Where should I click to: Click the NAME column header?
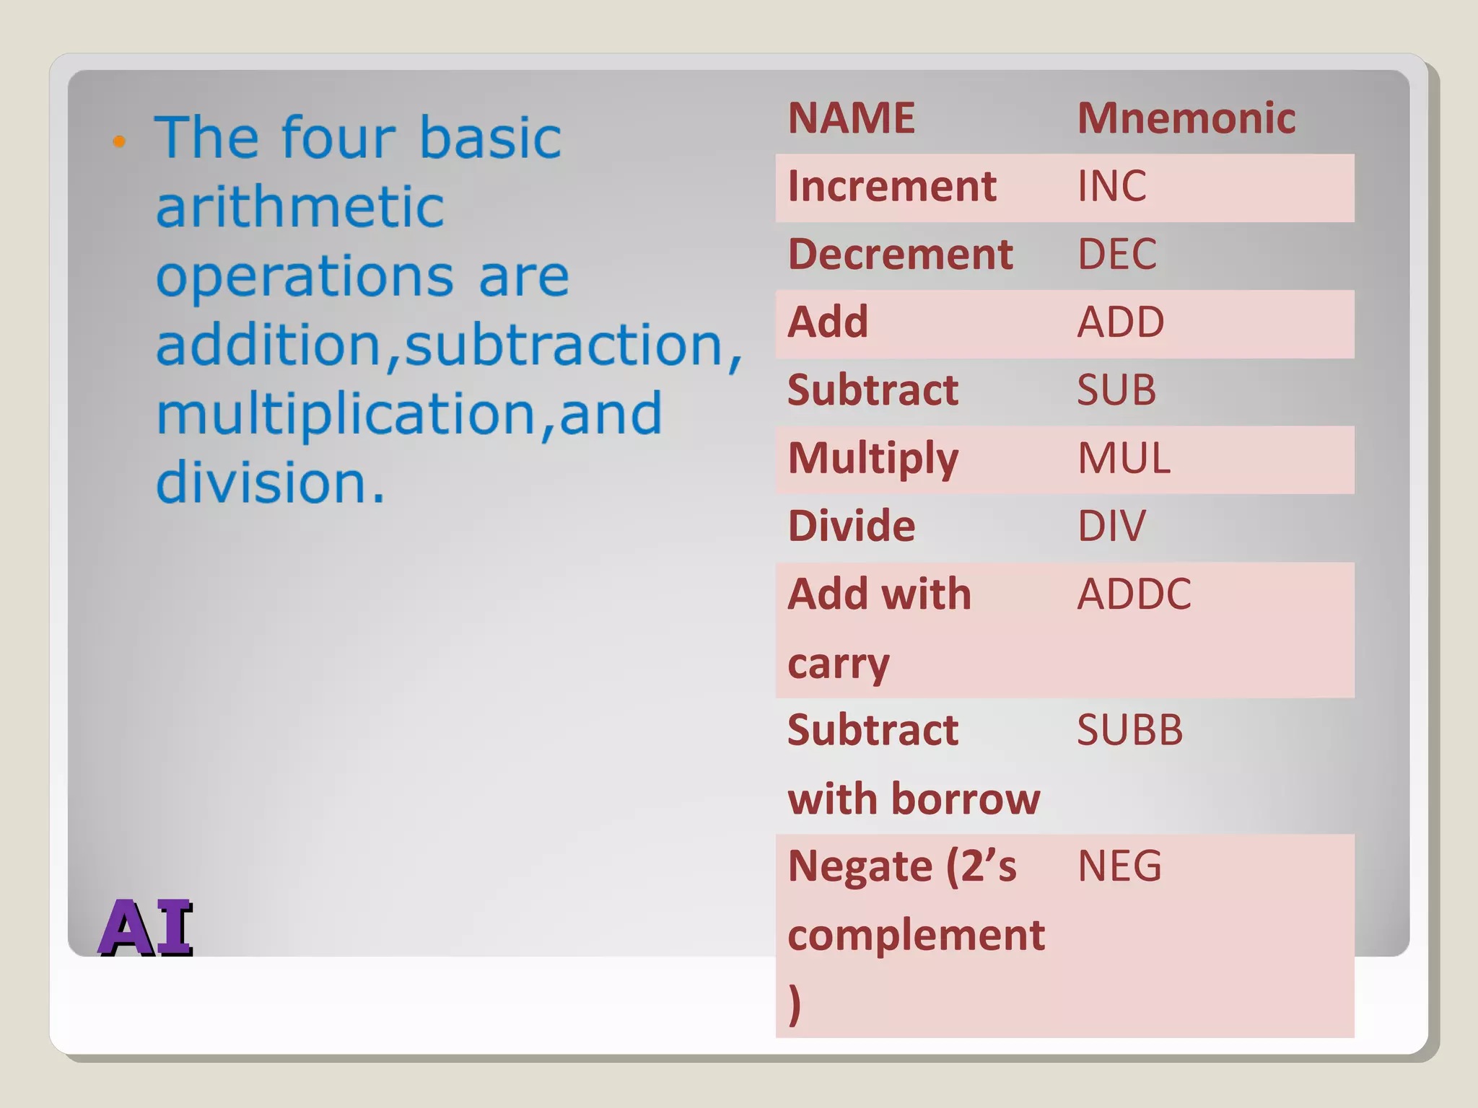[x=851, y=118]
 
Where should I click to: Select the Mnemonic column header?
[x=1186, y=118]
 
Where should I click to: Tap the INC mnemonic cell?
[x=1111, y=186]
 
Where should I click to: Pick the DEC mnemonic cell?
[x=1116, y=254]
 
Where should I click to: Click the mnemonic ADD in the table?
[x=1120, y=322]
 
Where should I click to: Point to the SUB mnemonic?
[x=1116, y=390]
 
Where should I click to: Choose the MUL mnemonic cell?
[x=1123, y=458]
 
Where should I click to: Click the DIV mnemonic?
[x=1111, y=526]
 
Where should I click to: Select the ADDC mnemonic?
[x=1134, y=594]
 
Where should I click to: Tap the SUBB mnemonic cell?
[x=1129, y=730]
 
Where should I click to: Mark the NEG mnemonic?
[x=1119, y=866]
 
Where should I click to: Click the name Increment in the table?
[x=892, y=186]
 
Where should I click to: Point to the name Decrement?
[x=900, y=254]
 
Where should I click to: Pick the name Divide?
[x=851, y=526]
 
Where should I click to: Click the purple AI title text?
[x=147, y=928]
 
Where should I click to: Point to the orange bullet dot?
[x=120, y=141]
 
